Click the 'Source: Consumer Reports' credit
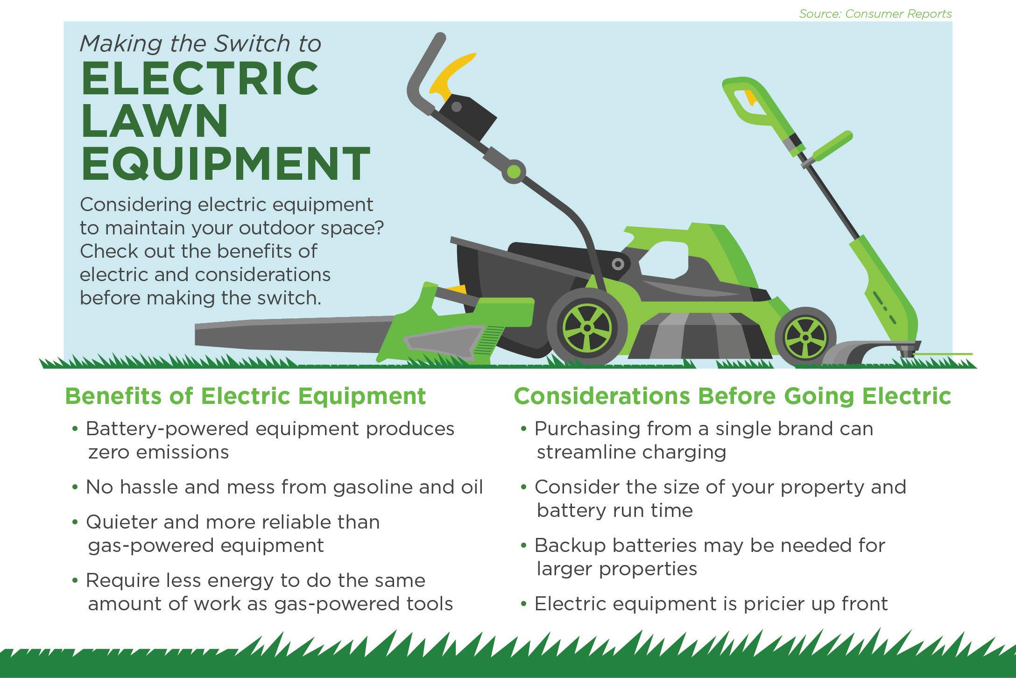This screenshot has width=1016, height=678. pos(875,14)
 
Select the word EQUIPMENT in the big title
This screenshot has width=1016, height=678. pos(226,163)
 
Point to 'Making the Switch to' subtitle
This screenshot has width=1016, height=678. pos(200,44)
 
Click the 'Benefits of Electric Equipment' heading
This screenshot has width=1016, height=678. pos(246,396)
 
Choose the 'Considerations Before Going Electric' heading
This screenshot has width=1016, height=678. pos(733,396)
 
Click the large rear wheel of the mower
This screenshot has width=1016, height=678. pos(587,326)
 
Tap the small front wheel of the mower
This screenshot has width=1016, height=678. pos(805,337)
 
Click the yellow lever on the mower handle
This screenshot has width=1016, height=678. pos(451,75)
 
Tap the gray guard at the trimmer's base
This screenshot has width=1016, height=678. pos(868,353)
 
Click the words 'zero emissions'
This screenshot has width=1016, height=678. pos(158,452)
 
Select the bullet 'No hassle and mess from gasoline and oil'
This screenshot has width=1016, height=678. pos(278,487)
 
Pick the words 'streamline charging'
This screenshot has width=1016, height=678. pos(631,452)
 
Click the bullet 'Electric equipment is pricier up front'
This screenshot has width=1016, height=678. pos(704,604)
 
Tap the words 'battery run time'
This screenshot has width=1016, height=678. pos(614,510)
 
